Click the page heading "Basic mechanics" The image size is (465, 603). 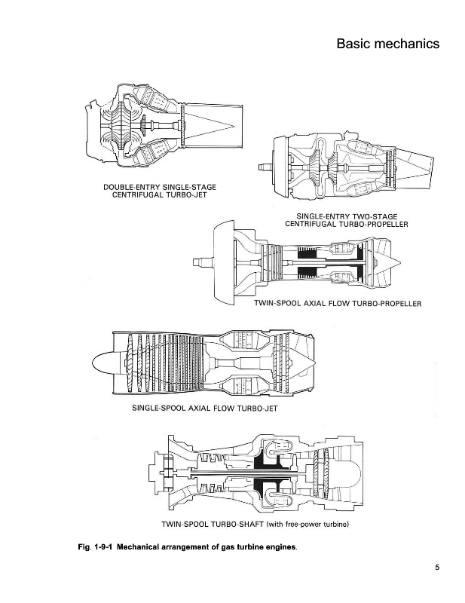[387, 44]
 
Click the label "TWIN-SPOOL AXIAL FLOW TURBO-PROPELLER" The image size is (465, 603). [337, 303]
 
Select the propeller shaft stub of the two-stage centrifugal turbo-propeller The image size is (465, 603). [264, 165]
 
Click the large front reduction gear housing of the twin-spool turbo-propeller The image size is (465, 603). [225, 261]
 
